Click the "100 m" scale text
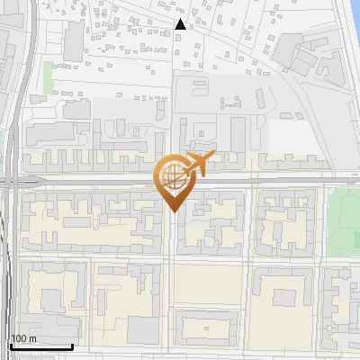(x=22, y=338)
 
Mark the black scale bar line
(x=40, y=346)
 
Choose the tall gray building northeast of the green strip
(x=72, y=40)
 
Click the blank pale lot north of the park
(x=292, y=135)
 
